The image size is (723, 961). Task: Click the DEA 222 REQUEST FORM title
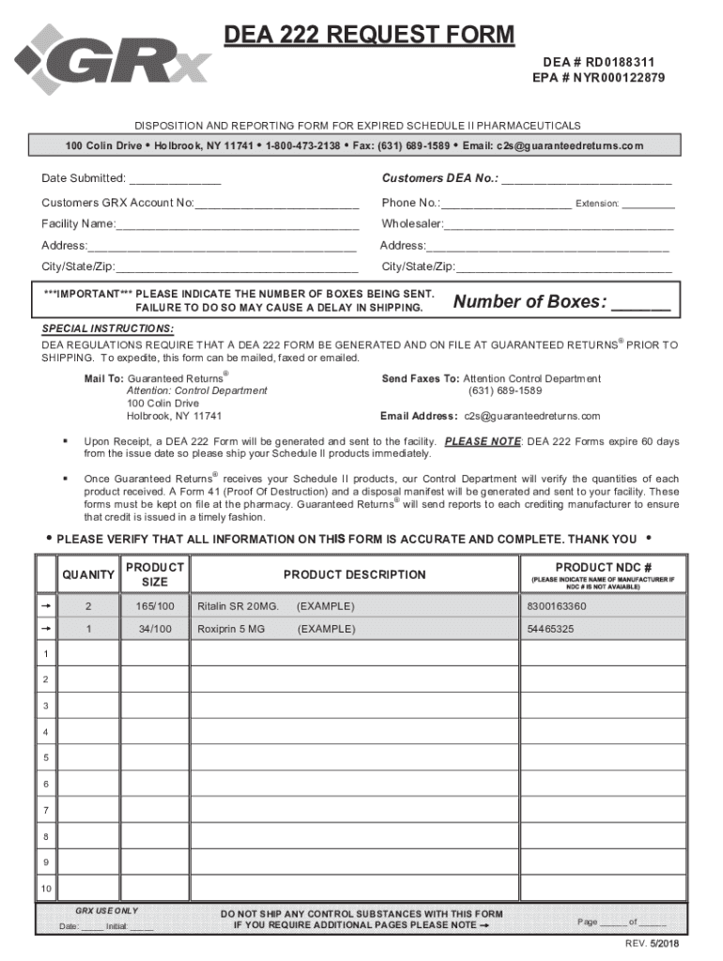[368, 36]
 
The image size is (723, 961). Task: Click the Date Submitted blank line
[175, 179]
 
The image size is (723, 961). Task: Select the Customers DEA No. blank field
[587, 179]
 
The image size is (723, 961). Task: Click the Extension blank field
[647, 204]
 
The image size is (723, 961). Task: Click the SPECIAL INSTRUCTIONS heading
[107, 328]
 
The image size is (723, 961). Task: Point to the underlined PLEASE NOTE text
[483, 441]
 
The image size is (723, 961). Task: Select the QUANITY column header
[88, 574]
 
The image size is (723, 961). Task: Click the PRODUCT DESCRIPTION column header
[355, 574]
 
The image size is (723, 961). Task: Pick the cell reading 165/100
[155, 606]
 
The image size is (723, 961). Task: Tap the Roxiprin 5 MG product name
[230, 629]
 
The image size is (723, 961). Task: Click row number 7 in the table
[44, 809]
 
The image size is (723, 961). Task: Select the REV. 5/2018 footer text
[653, 942]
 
